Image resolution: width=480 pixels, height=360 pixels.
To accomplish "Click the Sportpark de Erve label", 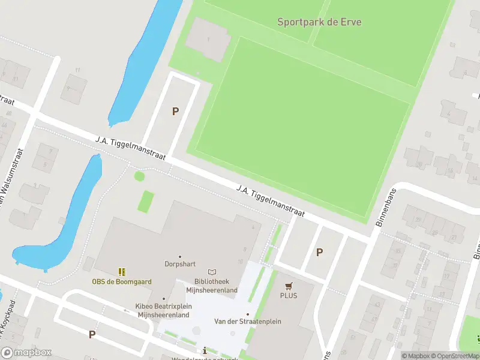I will pos(319,22).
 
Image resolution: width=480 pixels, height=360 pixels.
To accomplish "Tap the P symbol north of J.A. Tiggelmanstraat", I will pos(176,111).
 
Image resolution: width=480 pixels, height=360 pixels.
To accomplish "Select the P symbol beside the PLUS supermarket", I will pos(319,253).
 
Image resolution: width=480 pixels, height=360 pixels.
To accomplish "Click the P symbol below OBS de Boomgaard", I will pos(92,334).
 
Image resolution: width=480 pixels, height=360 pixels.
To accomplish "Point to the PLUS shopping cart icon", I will pos(289,286).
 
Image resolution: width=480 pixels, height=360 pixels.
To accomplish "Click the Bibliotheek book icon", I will pos(212,272).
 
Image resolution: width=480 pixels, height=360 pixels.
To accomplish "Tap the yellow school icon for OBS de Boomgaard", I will pos(122,272).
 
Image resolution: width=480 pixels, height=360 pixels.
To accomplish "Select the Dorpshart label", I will pos(179,263).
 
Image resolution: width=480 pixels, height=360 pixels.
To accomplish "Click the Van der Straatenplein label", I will pos(247,322).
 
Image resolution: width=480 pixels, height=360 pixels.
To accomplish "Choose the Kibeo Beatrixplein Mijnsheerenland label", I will pos(163,310).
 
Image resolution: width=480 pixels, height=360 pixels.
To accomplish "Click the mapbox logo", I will pos(26,353).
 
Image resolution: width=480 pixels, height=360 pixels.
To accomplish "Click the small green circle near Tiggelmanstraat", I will pos(139,176).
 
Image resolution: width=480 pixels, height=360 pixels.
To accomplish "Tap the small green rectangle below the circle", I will pos(146,201).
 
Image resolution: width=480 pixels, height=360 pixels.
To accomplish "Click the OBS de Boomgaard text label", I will pos(122,282).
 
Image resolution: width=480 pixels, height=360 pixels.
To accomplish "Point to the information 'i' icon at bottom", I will pos(205,350).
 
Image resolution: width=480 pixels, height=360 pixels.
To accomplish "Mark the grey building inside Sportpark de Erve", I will pos(206,39).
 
